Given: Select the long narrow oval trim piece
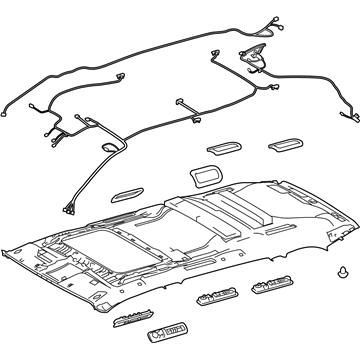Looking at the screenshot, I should [139, 191].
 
